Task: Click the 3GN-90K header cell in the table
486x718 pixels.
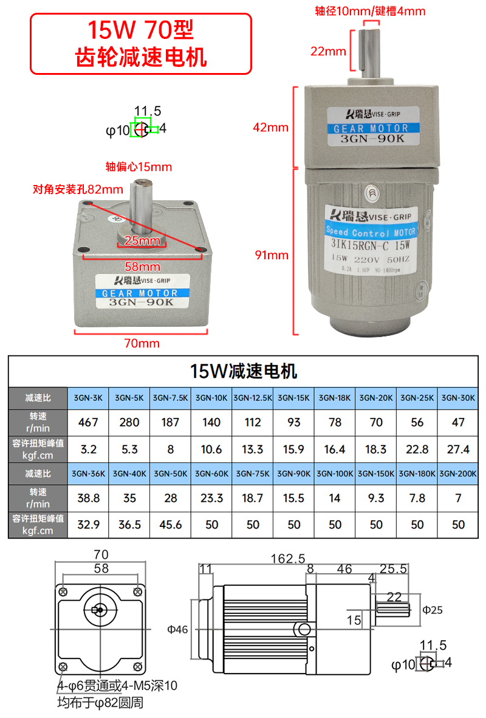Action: [x=293, y=473]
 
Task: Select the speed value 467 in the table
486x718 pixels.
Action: [x=89, y=422]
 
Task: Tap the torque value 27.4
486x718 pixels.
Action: [x=458, y=449]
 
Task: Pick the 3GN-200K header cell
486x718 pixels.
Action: [x=458, y=473]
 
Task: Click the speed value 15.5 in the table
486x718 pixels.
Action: [x=293, y=498]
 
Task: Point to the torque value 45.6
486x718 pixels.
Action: [x=171, y=524]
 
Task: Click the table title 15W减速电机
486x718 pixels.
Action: [x=244, y=371]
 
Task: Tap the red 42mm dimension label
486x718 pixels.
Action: [x=271, y=127]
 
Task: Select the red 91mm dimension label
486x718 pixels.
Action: [x=271, y=255]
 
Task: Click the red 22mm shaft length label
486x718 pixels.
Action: [x=328, y=51]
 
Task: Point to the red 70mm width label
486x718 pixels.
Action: [x=142, y=343]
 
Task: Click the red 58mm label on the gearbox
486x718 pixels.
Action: [x=142, y=267]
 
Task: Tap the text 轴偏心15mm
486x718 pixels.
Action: [x=139, y=167]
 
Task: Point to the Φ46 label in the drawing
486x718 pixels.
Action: [x=178, y=629]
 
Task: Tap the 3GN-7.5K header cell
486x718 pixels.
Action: [x=171, y=398]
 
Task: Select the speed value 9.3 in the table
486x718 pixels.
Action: [x=376, y=498]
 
